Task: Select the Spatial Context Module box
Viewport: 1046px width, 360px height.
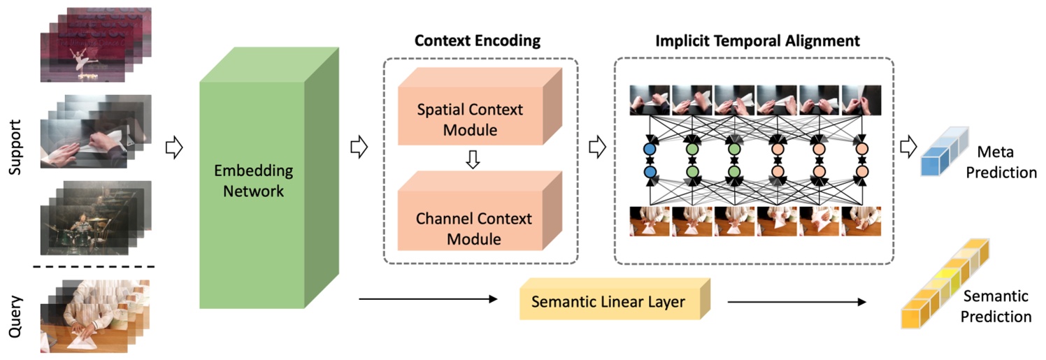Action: point(470,120)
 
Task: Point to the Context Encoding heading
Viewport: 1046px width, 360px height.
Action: point(478,41)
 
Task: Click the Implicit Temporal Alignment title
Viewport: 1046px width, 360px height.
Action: point(757,41)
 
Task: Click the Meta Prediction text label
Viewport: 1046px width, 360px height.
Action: point(1005,163)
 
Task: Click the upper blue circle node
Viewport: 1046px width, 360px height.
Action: point(650,149)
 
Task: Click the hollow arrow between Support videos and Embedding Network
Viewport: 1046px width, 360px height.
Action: point(173,148)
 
